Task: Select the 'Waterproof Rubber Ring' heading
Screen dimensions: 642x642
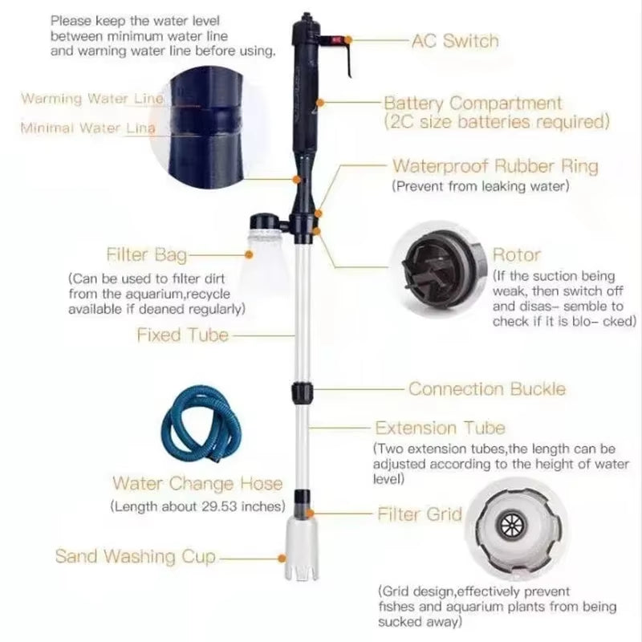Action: [495, 166]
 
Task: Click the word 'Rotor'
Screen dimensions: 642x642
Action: [516, 255]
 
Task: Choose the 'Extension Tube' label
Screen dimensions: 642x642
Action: [440, 428]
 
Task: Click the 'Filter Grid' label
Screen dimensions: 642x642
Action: [420, 514]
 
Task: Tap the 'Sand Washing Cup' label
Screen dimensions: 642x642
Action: [135, 556]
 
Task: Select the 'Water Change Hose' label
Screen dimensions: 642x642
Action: [197, 483]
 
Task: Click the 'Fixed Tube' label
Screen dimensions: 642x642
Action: [182, 335]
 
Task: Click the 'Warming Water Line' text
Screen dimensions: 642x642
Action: [92, 99]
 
